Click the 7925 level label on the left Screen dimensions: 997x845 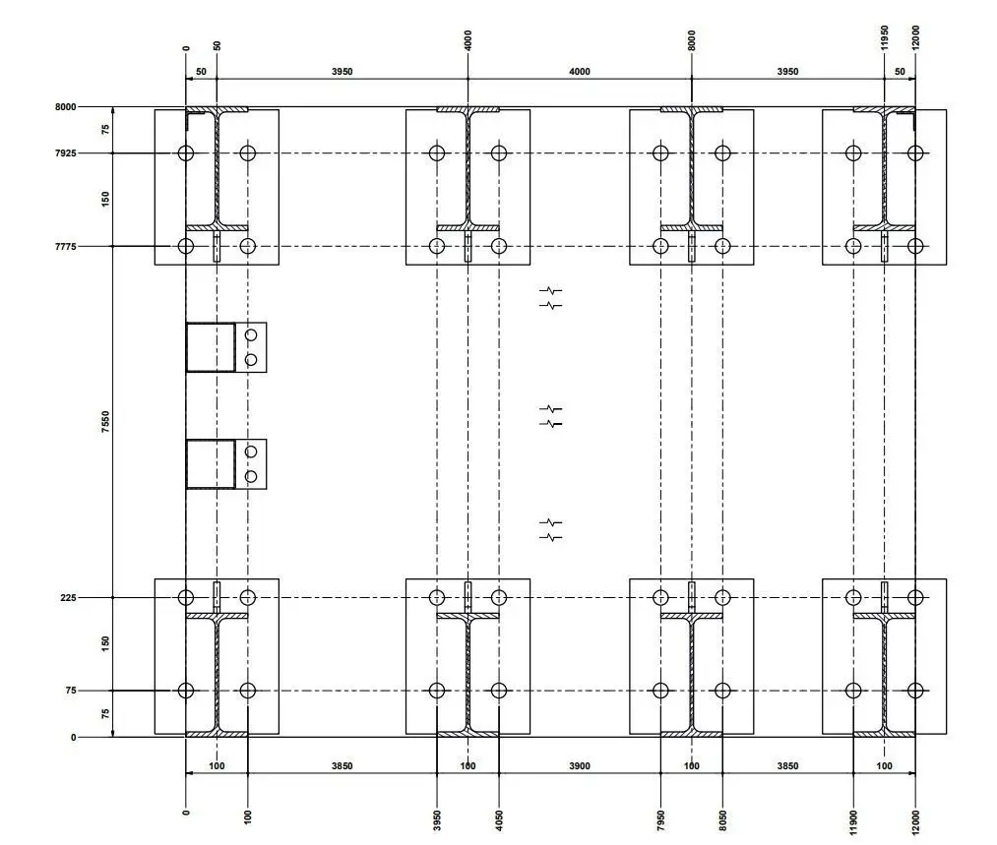click(66, 153)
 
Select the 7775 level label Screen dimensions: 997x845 click(66, 247)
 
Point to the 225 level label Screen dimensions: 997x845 click(69, 598)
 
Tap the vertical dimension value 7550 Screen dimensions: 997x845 click(105, 422)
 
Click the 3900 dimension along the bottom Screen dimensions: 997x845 click(580, 766)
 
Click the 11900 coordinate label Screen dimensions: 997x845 click(853, 822)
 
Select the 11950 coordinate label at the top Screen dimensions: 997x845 click(885, 37)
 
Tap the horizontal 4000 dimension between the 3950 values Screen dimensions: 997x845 click(580, 72)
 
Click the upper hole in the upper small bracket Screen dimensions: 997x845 click(251, 334)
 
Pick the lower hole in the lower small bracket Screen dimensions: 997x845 click(251, 476)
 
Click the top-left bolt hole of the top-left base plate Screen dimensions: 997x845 click(186, 153)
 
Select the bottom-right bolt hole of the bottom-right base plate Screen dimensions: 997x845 click(915, 691)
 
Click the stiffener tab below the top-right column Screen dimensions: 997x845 click(885, 247)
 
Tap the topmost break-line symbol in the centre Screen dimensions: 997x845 click(550, 291)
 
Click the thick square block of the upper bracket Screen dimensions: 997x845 click(211, 347)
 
